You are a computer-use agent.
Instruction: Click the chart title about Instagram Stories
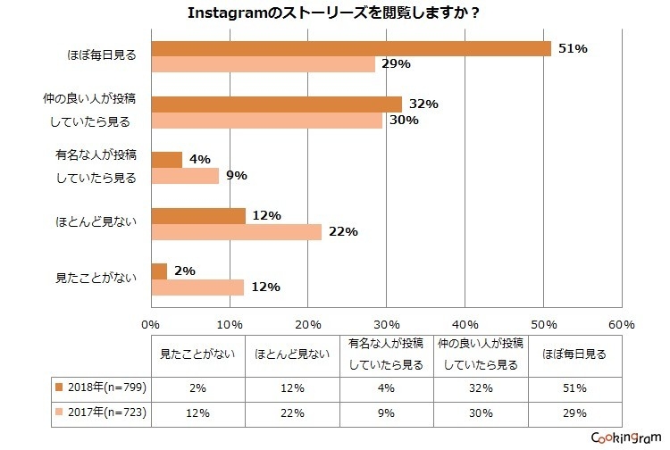point(335,13)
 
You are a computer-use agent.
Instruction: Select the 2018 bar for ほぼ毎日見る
point(351,48)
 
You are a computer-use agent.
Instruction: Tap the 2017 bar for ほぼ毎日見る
point(264,64)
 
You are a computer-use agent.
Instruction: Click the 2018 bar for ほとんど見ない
point(198,216)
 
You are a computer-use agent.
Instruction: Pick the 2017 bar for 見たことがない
point(198,287)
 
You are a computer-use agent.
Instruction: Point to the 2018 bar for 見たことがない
point(160,271)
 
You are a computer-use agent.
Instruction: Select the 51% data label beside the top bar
point(573,48)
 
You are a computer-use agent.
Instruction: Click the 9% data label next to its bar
point(237,175)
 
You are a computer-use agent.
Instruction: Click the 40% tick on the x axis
point(465,323)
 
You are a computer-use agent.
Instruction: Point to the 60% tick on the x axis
point(621,323)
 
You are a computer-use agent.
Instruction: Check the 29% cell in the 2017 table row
point(574,412)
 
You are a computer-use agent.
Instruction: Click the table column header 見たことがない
point(197,354)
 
